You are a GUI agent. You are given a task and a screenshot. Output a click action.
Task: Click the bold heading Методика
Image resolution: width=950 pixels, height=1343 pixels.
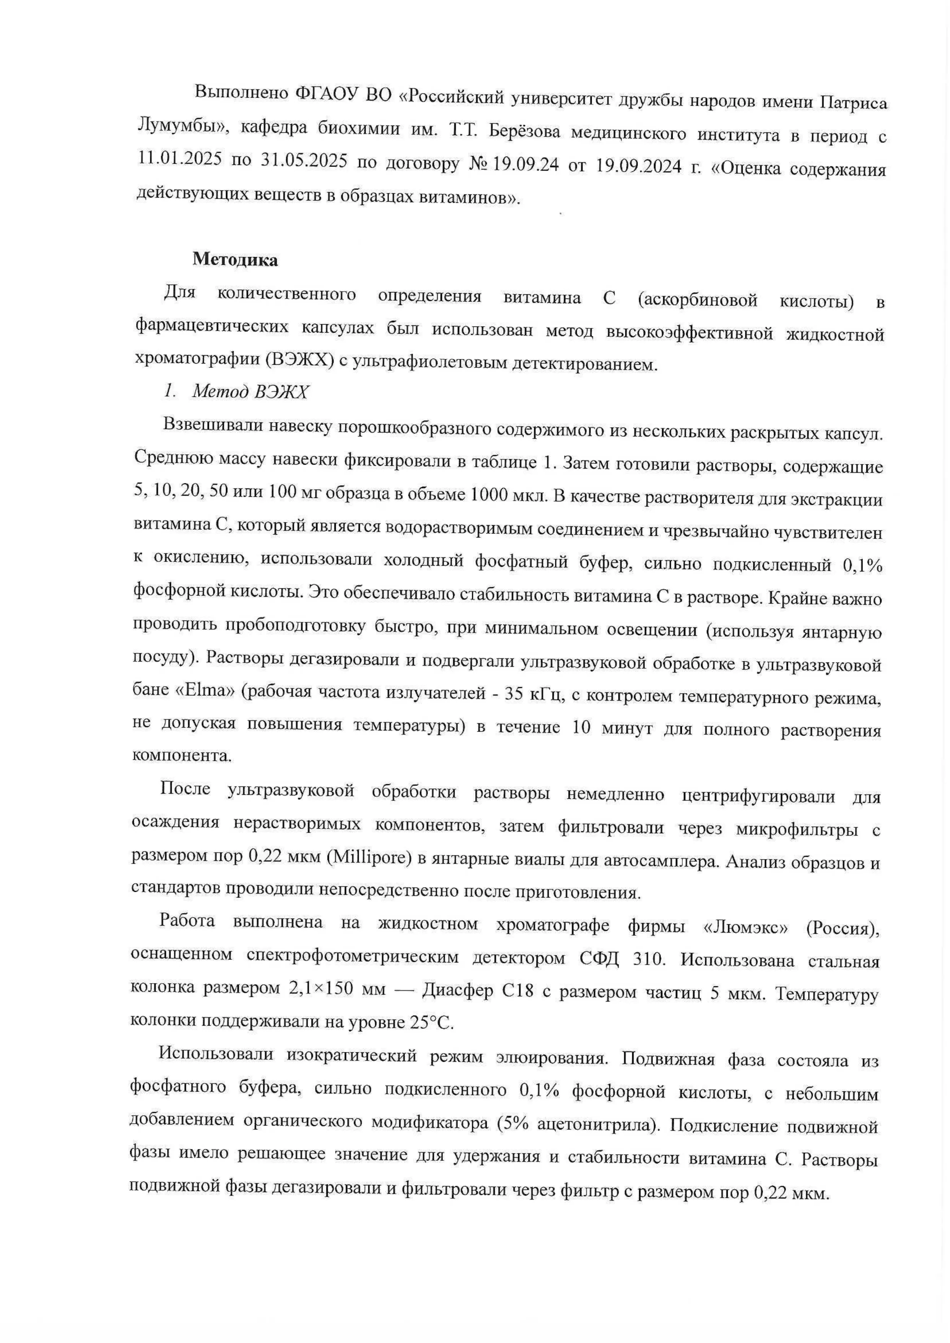235,260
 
